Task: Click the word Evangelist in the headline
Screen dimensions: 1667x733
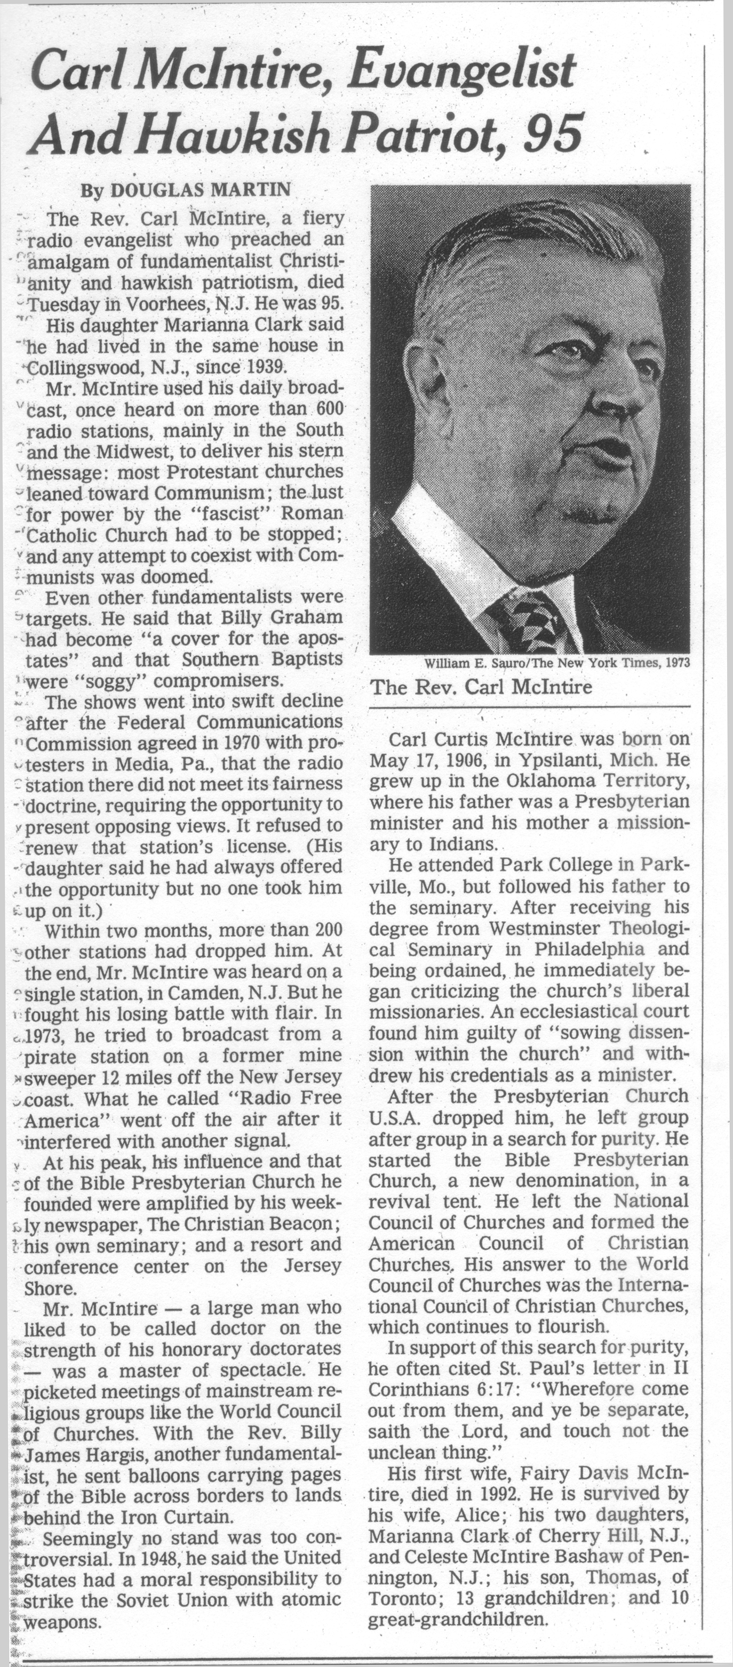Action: (460, 73)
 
